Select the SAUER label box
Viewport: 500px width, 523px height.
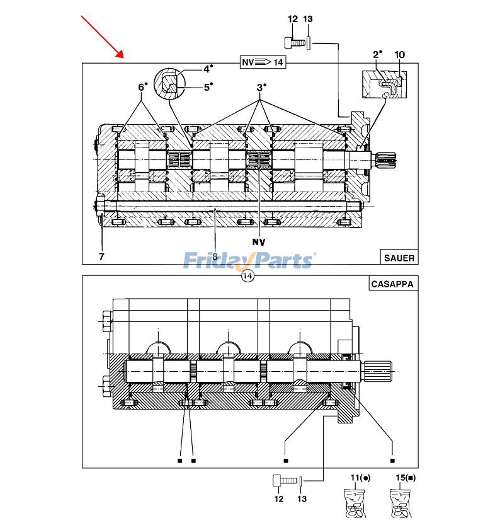click(398, 257)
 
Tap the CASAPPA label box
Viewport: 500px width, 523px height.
click(392, 284)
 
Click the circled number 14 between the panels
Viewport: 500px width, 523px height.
click(247, 276)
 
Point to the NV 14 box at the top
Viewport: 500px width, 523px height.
click(263, 62)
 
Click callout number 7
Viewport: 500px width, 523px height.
click(101, 256)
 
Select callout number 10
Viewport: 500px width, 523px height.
click(400, 55)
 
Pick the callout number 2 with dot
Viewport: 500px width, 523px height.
click(377, 55)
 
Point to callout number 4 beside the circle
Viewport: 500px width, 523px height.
click(207, 69)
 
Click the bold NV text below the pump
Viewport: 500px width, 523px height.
click(259, 241)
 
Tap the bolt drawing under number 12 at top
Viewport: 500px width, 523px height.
click(294, 43)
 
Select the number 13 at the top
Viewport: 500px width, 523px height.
click(308, 20)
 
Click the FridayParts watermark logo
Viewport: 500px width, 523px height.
click(249, 260)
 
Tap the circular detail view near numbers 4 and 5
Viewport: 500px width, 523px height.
click(171, 83)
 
